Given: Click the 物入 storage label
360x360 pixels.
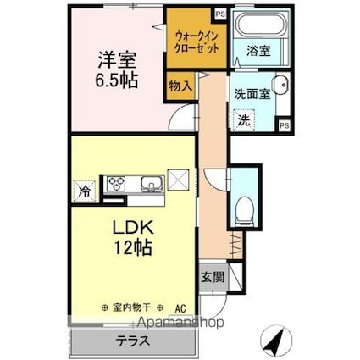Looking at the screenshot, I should pos(180,86).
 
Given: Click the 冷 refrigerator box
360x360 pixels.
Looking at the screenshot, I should pos(86,190).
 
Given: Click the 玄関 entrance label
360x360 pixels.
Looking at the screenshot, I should pos(213,278).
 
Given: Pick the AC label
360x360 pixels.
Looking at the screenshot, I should pos(180,307).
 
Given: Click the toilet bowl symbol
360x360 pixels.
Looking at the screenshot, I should pos(244,208).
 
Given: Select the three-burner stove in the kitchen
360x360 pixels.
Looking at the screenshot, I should pos(117,184).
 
